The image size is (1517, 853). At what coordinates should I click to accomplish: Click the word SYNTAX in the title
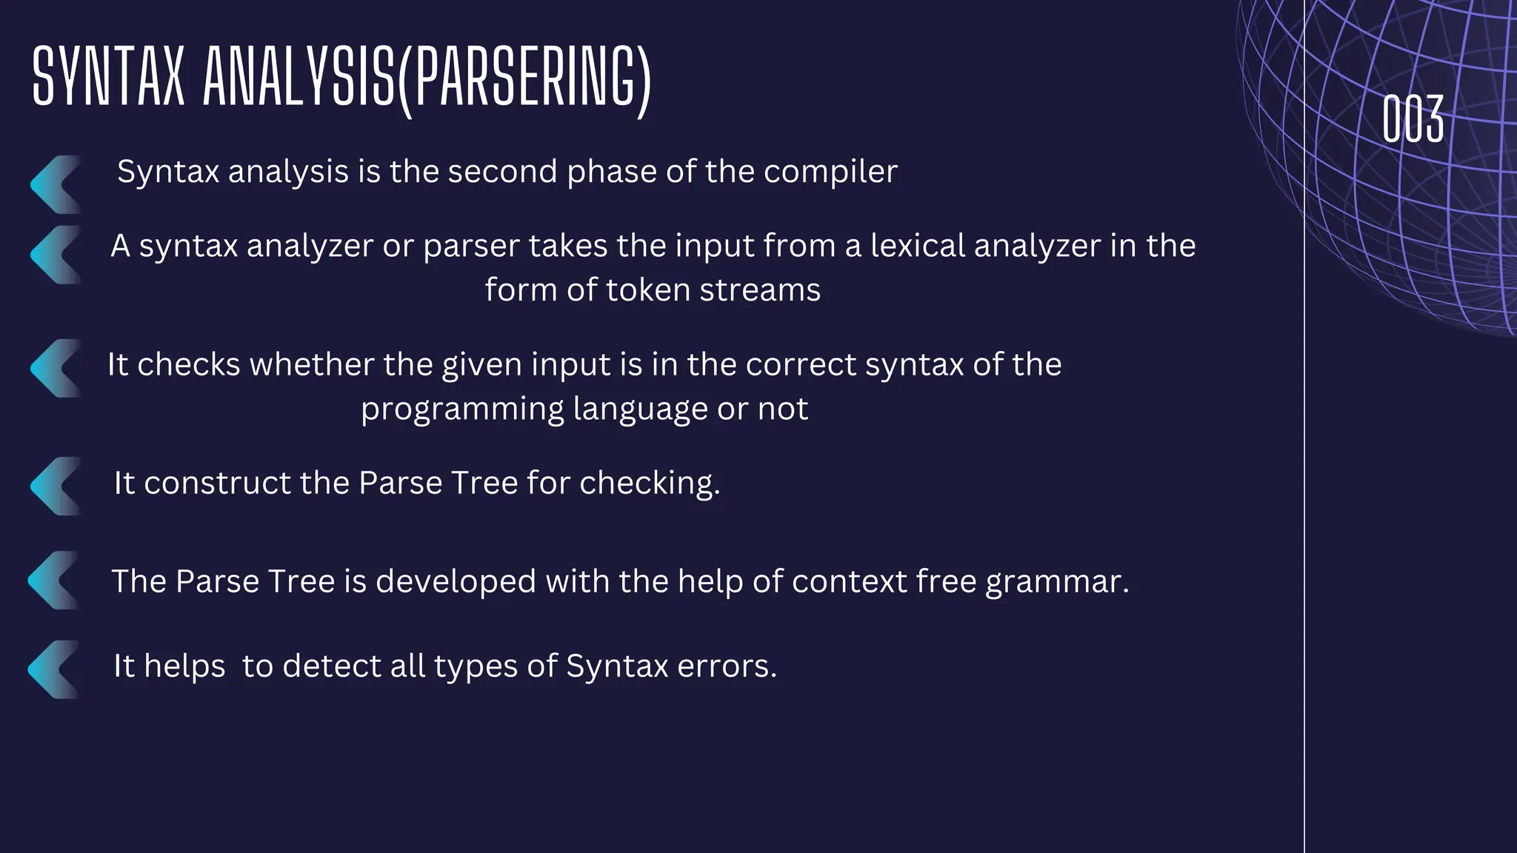coord(108,77)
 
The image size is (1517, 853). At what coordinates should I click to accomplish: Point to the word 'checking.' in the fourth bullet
coord(650,483)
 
